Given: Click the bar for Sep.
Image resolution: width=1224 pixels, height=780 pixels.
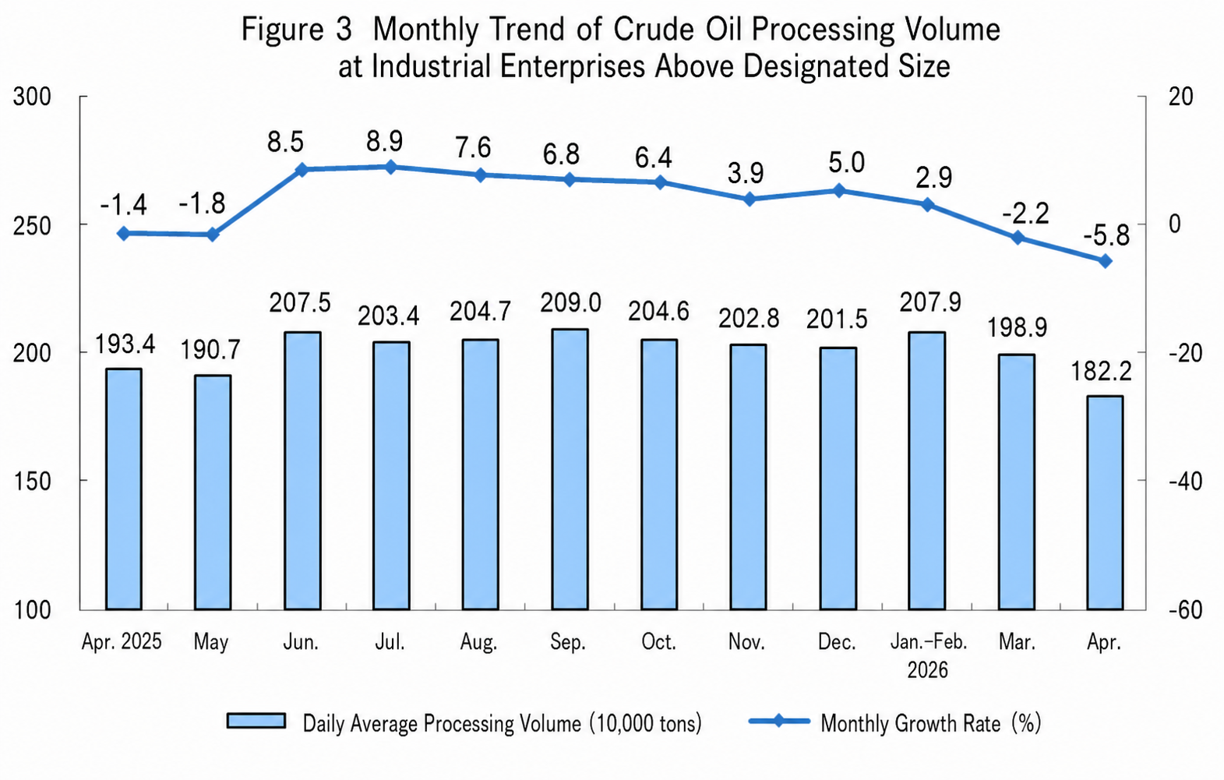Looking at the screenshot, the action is [570, 469].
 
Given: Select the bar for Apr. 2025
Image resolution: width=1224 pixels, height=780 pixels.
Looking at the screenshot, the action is [124, 489].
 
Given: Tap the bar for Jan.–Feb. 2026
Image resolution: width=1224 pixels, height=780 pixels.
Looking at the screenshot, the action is [926, 471].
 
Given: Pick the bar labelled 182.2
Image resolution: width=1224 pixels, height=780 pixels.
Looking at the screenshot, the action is [1105, 503].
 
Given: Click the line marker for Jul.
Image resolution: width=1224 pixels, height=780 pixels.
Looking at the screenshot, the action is [390, 168].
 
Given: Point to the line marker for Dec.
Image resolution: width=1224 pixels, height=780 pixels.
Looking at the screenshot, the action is [839, 191].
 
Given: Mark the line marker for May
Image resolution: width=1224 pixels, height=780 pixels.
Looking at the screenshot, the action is [213, 235].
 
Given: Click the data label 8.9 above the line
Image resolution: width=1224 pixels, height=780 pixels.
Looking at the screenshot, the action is [384, 142].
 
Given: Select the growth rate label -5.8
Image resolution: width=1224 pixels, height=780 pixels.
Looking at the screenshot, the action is [1106, 236].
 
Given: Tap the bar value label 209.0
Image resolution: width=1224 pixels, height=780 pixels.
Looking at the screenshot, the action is [570, 303].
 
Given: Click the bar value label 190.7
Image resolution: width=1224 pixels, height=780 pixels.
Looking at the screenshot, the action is [210, 350].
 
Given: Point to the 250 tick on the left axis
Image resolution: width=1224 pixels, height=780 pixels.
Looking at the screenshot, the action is [32, 224].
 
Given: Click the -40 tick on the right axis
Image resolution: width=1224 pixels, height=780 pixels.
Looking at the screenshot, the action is [1185, 482].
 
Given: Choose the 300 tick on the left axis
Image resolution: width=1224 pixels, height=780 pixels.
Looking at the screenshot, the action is [32, 97].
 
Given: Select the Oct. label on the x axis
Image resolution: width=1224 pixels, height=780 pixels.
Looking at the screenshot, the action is [658, 642].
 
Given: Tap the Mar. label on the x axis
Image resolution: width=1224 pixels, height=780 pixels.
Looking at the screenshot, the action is [1017, 642].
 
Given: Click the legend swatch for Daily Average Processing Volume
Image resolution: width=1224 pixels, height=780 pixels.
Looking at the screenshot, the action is [256, 721].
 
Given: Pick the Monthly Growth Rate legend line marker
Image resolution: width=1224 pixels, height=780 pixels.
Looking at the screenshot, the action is [778, 721].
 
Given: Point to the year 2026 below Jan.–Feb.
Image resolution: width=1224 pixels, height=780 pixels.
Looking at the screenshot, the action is [927, 669].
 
